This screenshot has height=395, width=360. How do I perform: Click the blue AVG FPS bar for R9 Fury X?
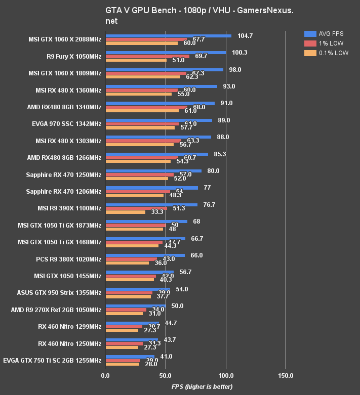(166, 52)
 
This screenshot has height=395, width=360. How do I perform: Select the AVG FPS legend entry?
(326, 33)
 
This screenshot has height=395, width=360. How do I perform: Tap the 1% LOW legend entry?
(326, 43)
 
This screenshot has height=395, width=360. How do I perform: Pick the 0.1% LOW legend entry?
(326, 53)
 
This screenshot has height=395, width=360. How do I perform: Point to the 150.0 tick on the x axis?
(286, 376)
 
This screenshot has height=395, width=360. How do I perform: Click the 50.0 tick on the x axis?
(166, 376)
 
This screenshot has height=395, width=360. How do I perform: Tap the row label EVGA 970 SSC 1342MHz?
(66, 124)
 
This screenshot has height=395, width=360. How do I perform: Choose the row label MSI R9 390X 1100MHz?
(69, 208)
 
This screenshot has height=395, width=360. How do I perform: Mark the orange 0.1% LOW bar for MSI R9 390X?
(125, 212)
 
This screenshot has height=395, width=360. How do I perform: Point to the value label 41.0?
(166, 356)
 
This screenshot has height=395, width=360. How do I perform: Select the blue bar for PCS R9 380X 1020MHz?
(145, 255)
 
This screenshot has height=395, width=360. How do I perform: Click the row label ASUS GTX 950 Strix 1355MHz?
(59, 292)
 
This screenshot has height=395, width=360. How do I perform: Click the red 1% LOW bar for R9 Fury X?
(147, 56)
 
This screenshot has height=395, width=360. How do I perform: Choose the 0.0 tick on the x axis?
(105, 376)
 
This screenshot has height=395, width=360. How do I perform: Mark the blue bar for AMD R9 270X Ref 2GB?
(135, 305)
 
